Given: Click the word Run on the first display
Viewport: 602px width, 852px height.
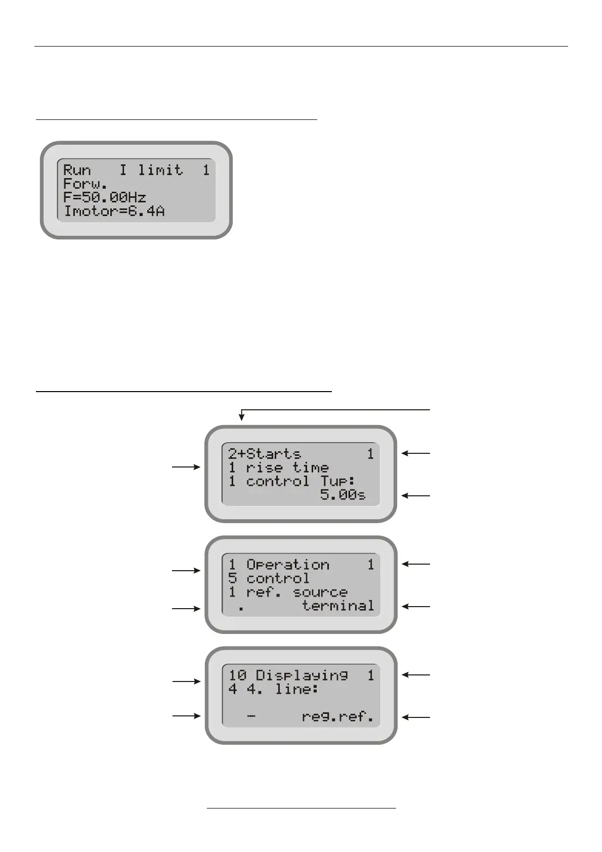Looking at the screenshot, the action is tap(77, 170).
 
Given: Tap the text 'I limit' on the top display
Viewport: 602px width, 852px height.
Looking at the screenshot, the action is tap(151, 170).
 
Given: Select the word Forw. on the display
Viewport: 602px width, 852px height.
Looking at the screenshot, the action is tap(85, 184).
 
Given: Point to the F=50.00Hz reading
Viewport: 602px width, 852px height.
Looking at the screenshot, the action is tap(105, 197).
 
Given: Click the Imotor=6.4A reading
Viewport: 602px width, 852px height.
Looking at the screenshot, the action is tap(114, 211).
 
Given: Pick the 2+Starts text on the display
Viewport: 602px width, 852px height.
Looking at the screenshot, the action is tap(264, 454).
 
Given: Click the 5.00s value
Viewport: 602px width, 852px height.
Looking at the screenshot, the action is tap(342, 495).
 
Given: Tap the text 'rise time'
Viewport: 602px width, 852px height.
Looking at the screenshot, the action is tap(287, 467).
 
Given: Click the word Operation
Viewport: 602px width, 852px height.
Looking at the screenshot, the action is tap(287, 565).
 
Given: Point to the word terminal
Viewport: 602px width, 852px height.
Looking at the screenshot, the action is tap(338, 606).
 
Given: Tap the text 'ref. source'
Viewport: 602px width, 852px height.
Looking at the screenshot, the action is tap(296, 592).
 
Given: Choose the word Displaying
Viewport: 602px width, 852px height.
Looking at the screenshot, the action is tap(302, 675).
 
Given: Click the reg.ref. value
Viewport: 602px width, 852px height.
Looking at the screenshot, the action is tap(338, 716).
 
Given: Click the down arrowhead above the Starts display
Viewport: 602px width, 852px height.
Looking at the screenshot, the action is tap(242, 417).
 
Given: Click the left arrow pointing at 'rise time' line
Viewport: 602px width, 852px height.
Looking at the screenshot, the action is tap(186, 467).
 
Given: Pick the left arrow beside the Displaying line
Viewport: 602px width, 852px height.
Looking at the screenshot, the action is tap(186, 681).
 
